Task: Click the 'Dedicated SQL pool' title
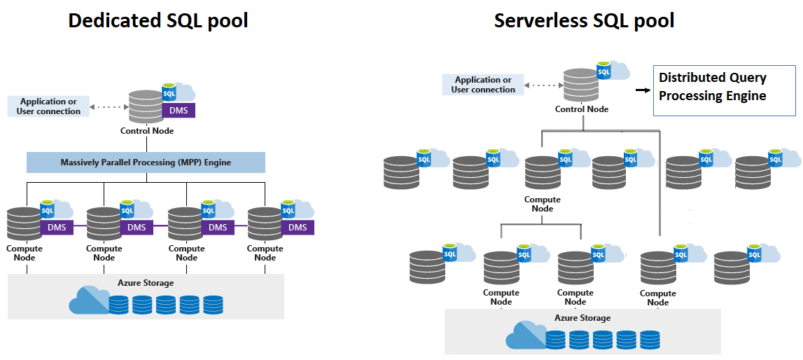(158, 21)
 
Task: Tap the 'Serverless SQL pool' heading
(584, 21)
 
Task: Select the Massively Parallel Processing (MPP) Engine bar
(146, 162)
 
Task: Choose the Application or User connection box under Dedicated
(48, 106)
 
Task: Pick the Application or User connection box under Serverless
(483, 85)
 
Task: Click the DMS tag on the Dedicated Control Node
(179, 111)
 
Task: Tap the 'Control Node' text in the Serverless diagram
(581, 109)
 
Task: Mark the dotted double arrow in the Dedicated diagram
(109, 107)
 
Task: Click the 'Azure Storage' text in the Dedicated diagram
(146, 283)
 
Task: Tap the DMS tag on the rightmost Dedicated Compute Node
(298, 227)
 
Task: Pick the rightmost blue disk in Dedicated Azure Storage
(213, 305)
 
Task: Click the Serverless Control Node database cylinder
(581, 85)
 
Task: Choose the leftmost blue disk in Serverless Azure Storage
(555, 340)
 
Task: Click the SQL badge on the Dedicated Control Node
(169, 93)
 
